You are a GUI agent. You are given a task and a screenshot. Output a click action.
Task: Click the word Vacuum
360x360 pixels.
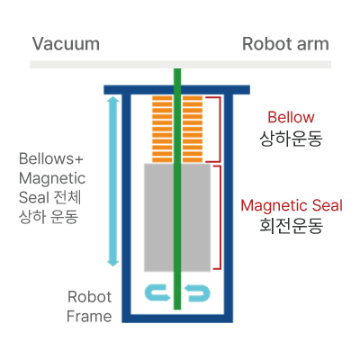coord(66,44)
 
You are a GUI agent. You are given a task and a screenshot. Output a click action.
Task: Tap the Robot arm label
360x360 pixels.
coord(285,44)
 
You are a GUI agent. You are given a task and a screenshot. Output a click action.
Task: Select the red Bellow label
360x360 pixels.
coord(291,117)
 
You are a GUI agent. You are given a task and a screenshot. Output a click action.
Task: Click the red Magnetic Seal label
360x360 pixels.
coord(292,206)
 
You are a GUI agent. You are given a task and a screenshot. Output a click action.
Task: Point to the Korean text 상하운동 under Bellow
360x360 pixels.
coord(291,139)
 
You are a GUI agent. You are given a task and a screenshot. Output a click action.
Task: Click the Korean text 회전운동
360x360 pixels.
coord(292,226)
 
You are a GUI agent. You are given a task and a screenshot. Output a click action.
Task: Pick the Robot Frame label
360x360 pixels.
coord(89,307)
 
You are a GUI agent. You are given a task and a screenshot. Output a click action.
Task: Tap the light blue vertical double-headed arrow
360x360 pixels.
coord(113,182)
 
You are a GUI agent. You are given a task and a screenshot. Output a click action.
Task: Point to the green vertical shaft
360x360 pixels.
coord(177,189)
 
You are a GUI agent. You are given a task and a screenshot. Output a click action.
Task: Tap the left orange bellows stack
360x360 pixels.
coord(162,130)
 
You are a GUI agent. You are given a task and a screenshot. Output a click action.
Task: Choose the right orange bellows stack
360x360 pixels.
coord(193,130)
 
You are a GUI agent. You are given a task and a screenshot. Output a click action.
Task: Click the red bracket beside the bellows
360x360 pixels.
coord(220,130)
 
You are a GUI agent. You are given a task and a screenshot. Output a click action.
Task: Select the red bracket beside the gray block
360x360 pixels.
coord(220,217)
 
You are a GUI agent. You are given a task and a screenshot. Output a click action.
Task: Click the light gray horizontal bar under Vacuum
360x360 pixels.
coord(180,65)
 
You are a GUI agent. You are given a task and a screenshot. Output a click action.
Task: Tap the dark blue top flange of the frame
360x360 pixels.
coord(176,90)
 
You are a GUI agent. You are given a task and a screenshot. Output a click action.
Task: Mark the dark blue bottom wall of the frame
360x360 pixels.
coord(177,319)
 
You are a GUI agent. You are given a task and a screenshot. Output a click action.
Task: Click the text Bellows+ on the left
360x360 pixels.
coord(51,158)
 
